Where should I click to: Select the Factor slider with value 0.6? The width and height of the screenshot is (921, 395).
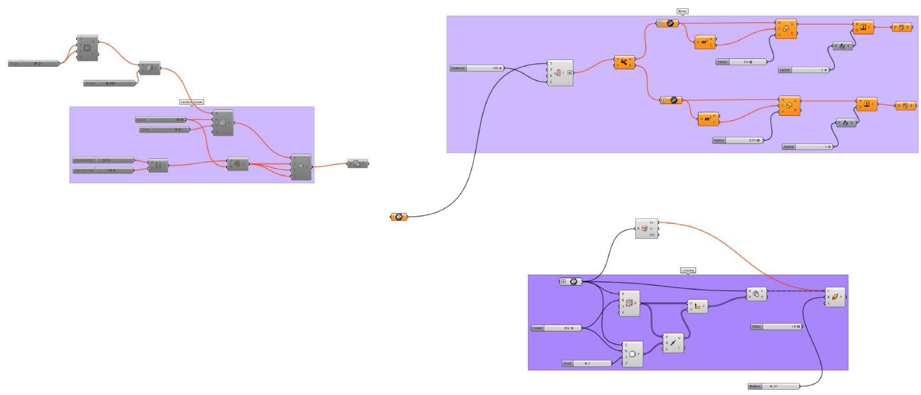(x=742, y=62)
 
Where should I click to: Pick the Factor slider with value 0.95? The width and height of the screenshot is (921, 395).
(x=738, y=140)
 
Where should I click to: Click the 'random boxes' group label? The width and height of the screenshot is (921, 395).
(x=191, y=102)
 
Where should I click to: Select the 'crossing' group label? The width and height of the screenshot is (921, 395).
(x=688, y=270)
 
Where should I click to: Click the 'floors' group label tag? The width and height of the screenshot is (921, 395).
(x=682, y=11)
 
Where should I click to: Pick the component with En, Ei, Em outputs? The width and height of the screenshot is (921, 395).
(x=646, y=229)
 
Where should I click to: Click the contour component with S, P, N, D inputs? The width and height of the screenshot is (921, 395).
(x=560, y=73)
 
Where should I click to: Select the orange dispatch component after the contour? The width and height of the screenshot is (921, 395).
(x=624, y=63)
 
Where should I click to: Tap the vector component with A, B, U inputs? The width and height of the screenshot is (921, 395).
(x=673, y=343)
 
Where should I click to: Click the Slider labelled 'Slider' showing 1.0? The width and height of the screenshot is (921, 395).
(x=776, y=327)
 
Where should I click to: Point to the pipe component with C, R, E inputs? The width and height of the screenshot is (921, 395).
(x=835, y=297)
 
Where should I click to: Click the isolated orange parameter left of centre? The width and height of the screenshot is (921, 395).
(x=399, y=217)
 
